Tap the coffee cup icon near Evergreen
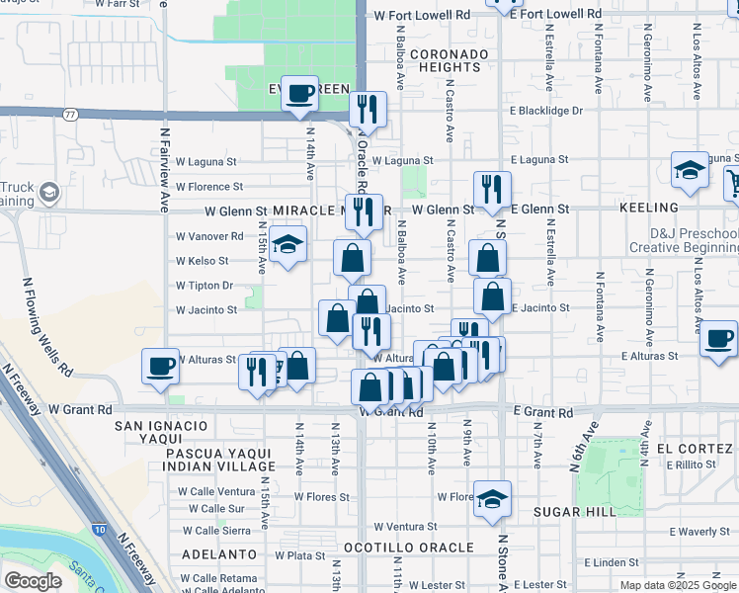300,94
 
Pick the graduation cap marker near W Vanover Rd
287,244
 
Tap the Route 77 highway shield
70,115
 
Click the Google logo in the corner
33,580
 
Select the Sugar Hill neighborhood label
575,511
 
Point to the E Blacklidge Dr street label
550,111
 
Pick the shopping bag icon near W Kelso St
352,259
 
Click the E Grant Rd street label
543,411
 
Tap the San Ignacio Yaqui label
162,426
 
